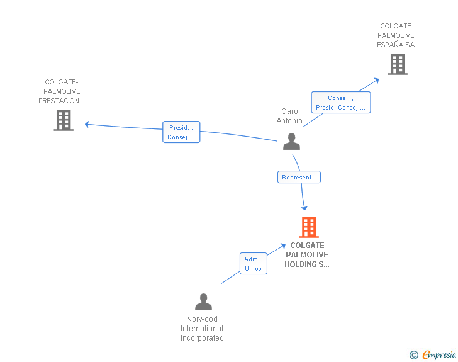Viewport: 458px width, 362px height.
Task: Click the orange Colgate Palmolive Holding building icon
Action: coord(308,227)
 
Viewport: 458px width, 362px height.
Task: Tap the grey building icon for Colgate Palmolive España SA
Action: coord(397,64)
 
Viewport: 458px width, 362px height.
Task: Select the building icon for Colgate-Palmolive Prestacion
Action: coord(64,120)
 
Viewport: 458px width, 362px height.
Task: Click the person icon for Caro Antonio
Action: coord(291,142)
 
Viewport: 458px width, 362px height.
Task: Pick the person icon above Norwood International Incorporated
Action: coord(203,302)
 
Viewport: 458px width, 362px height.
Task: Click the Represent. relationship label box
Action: coord(299,178)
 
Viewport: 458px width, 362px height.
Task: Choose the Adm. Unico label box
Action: coord(254,264)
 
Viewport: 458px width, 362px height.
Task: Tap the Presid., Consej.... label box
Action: coord(181,132)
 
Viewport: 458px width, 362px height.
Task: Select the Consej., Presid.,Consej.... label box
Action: coord(341,103)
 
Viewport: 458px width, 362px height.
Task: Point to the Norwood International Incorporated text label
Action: coord(202,329)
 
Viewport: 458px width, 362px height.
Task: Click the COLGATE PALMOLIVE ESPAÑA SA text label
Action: coord(396,35)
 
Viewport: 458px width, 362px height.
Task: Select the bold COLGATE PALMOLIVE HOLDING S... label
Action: coord(307,255)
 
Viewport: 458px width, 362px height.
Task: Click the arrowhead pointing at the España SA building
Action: coord(377,79)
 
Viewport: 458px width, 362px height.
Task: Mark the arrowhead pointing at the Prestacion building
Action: coord(87,124)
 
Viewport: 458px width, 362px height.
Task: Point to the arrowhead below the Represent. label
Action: coord(304,207)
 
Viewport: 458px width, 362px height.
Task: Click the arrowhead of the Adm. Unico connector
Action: coord(282,247)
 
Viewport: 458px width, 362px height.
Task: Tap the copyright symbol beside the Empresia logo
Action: coord(413,355)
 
